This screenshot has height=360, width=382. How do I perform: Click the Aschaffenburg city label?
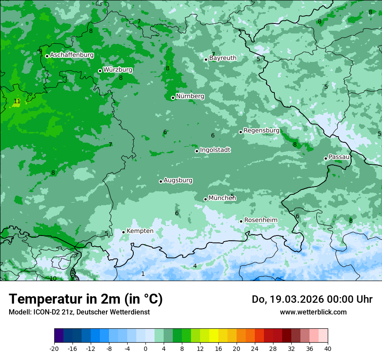72,55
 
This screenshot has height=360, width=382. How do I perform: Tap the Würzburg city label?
118,70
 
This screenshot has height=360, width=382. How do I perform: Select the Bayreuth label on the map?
223,58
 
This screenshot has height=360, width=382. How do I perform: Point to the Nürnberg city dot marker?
173,98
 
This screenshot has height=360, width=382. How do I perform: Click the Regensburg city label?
261,131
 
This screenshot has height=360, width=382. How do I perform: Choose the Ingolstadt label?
215,150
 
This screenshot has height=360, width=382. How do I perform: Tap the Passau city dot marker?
326,158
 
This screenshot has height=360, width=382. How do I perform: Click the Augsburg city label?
178,180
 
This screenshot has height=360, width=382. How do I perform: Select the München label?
222,198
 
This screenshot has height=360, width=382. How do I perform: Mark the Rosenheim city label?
260,220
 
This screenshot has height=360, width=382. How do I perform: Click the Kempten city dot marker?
123,232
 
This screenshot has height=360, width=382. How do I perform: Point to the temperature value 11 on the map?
17,101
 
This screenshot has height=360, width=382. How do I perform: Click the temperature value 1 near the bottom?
143,274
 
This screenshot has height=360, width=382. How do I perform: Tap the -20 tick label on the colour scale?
54,349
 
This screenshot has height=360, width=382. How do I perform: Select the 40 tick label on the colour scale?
327,349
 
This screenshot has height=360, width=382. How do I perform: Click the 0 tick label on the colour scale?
145,349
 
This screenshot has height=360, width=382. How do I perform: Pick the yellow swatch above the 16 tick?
214,336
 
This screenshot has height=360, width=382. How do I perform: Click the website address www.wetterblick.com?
313,312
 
